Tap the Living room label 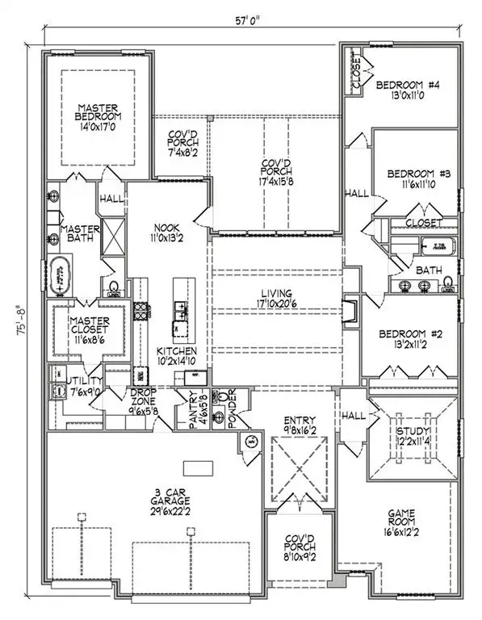(275, 293)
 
